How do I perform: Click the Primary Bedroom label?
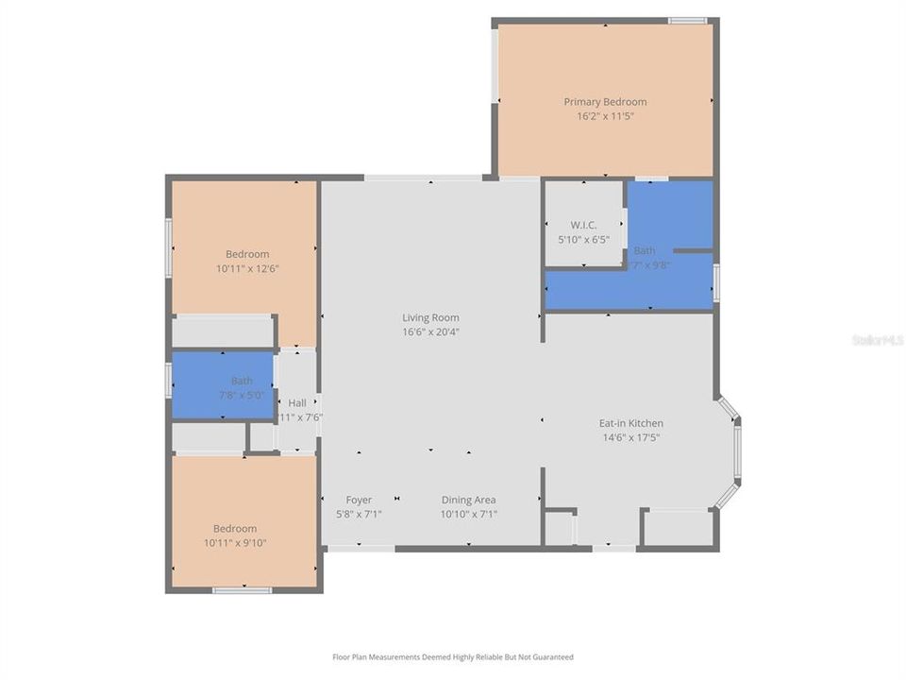pos(605,102)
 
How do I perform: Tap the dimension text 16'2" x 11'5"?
pos(605,117)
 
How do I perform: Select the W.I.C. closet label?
pos(583,225)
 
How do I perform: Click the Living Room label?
pos(430,318)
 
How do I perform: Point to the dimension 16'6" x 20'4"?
pos(430,332)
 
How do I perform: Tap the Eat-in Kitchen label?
pos(631,423)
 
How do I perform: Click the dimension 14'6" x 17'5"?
pos(631,438)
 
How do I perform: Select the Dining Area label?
pos(468,500)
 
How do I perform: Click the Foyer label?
pos(359,500)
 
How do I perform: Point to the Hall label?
pos(297,401)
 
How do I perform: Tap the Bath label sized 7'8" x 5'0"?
pos(242,381)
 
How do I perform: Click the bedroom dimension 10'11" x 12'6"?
pos(247,268)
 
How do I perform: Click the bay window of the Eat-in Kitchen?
pos(731,451)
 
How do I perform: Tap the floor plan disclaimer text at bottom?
pos(453,657)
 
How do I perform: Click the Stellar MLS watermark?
pos(877,339)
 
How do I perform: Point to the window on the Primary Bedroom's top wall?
pos(687,21)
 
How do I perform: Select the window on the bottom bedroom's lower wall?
pos(242,590)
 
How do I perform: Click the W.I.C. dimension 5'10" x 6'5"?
pos(583,240)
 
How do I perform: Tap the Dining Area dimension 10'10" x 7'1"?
pos(468,515)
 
